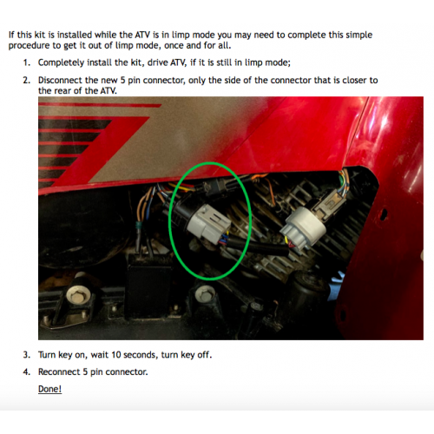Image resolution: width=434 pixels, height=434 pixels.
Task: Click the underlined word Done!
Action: pyautogui.click(x=49, y=389)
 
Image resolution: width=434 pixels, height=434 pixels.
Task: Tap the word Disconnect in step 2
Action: pyautogui.click(x=60, y=80)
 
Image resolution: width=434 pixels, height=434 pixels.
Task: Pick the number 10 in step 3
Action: pyautogui.click(x=116, y=355)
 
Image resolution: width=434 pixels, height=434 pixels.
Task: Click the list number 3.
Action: pyautogui.click(x=27, y=355)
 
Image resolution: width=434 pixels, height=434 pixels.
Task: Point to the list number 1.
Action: pyautogui.click(x=27, y=62)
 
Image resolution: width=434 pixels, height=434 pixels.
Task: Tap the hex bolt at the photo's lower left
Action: pyautogui.click(x=76, y=296)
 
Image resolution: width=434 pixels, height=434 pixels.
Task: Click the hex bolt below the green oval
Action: pyautogui.click(x=204, y=294)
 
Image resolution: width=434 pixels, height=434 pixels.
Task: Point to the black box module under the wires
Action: pyautogui.click(x=149, y=284)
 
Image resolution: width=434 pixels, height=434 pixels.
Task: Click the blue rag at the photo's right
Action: pyautogui.click(x=337, y=286)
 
